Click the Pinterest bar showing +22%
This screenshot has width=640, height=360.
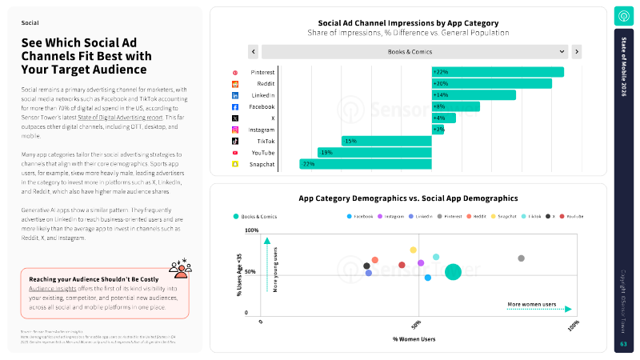(498, 72)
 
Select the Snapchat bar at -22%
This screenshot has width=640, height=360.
(366, 164)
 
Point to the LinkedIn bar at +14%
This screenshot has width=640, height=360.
(474, 95)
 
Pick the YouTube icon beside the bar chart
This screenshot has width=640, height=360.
(235, 152)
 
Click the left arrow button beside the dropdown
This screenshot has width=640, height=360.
(253, 52)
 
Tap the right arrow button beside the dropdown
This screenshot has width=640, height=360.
(576, 52)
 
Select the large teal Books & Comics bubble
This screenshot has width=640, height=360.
(453, 272)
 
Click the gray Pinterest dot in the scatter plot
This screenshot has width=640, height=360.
(521, 258)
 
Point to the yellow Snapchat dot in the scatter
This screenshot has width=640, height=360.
(414, 250)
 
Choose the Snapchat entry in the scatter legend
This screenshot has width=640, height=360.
(503, 217)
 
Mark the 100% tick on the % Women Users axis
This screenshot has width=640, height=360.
(573, 324)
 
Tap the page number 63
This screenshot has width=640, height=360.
(623, 344)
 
